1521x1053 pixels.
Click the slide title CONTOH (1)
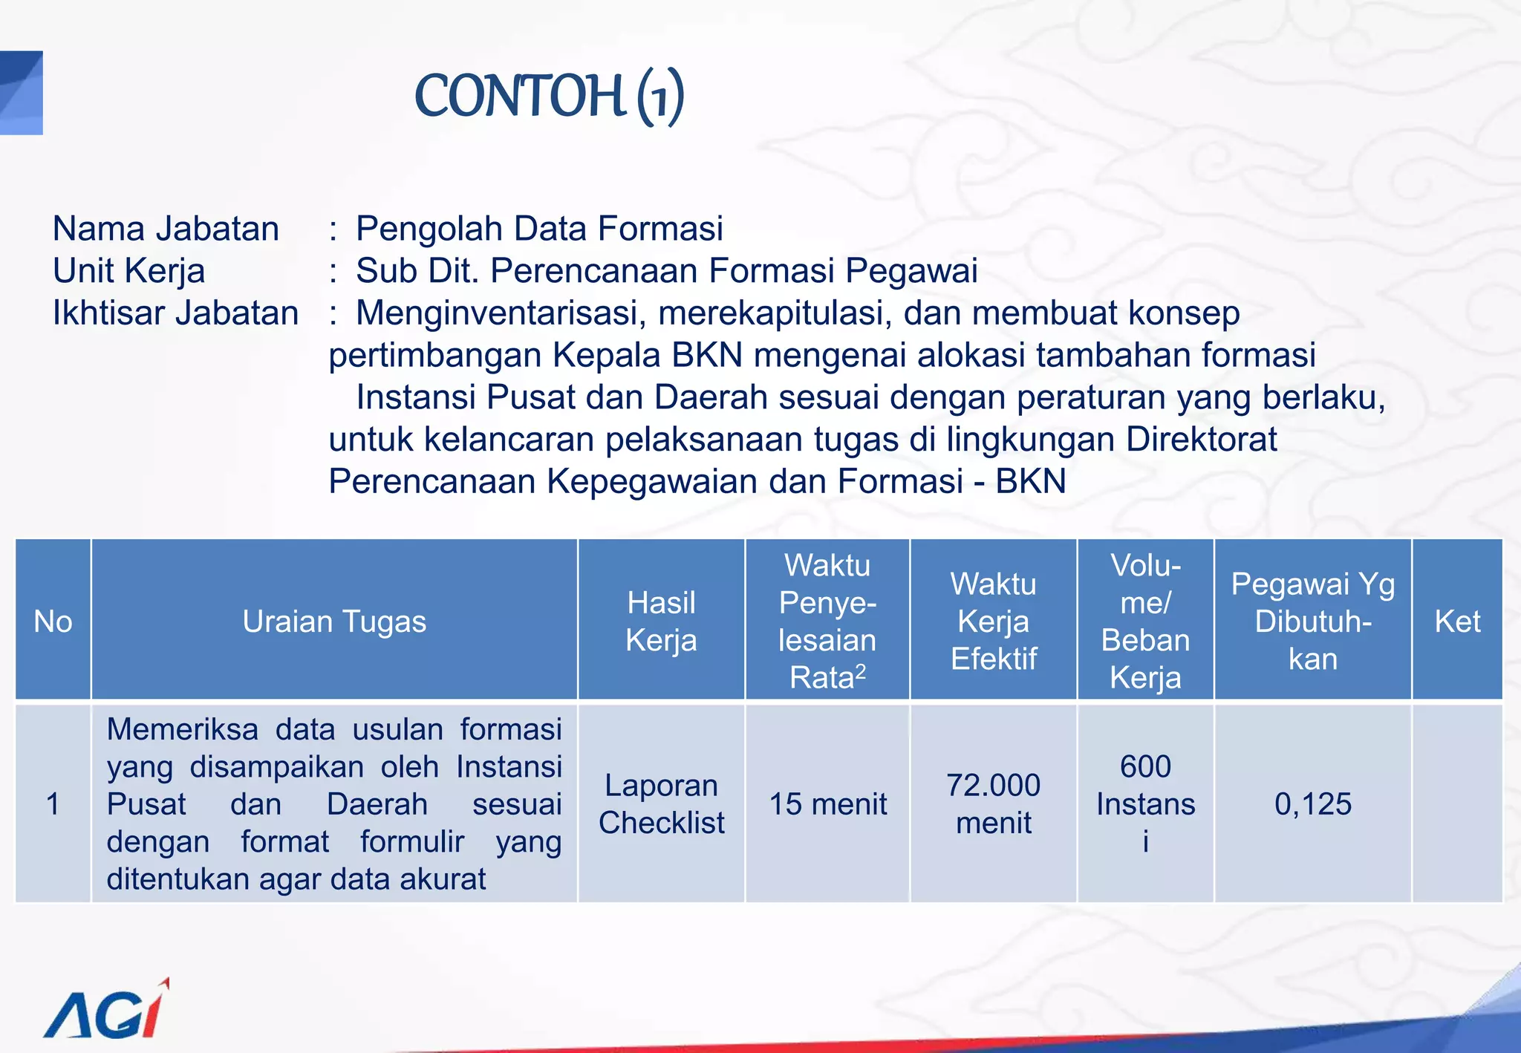point(550,97)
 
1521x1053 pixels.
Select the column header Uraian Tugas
point(334,622)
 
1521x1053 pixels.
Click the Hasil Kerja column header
point(661,622)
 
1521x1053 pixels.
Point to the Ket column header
point(1457,622)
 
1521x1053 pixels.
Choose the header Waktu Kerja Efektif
point(993,622)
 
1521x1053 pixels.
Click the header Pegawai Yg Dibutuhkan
point(1312,622)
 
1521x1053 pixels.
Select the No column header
point(53,622)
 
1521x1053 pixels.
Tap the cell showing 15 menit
point(827,804)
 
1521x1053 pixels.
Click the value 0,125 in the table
point(1312,804)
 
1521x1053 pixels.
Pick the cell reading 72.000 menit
point(993,804)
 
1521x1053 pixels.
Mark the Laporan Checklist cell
point(661,804)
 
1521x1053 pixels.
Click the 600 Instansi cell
point(1145,804)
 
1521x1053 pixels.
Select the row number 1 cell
point(53,804)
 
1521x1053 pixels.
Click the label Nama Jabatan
point(166,229)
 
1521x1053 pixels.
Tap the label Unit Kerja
point(128,271)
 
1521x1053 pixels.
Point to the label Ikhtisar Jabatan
point(175,313)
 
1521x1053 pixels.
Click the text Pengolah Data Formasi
point(539,229)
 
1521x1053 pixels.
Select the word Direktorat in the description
point(1201,440)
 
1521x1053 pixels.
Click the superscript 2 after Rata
point(861,671)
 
